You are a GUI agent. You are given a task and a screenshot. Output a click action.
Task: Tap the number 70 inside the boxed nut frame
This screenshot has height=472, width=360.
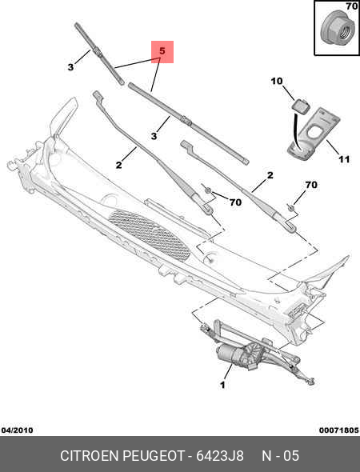(x=350, y=7)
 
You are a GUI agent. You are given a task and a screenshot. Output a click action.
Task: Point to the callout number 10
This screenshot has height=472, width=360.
(x=276, y=82)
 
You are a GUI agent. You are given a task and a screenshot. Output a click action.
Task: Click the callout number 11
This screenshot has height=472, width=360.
(x=343, y=159)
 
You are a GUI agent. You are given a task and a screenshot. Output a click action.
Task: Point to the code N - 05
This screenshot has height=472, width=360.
(x=280, y=455)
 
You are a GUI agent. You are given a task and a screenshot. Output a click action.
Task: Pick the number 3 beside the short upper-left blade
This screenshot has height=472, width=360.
(x=70, y=68)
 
